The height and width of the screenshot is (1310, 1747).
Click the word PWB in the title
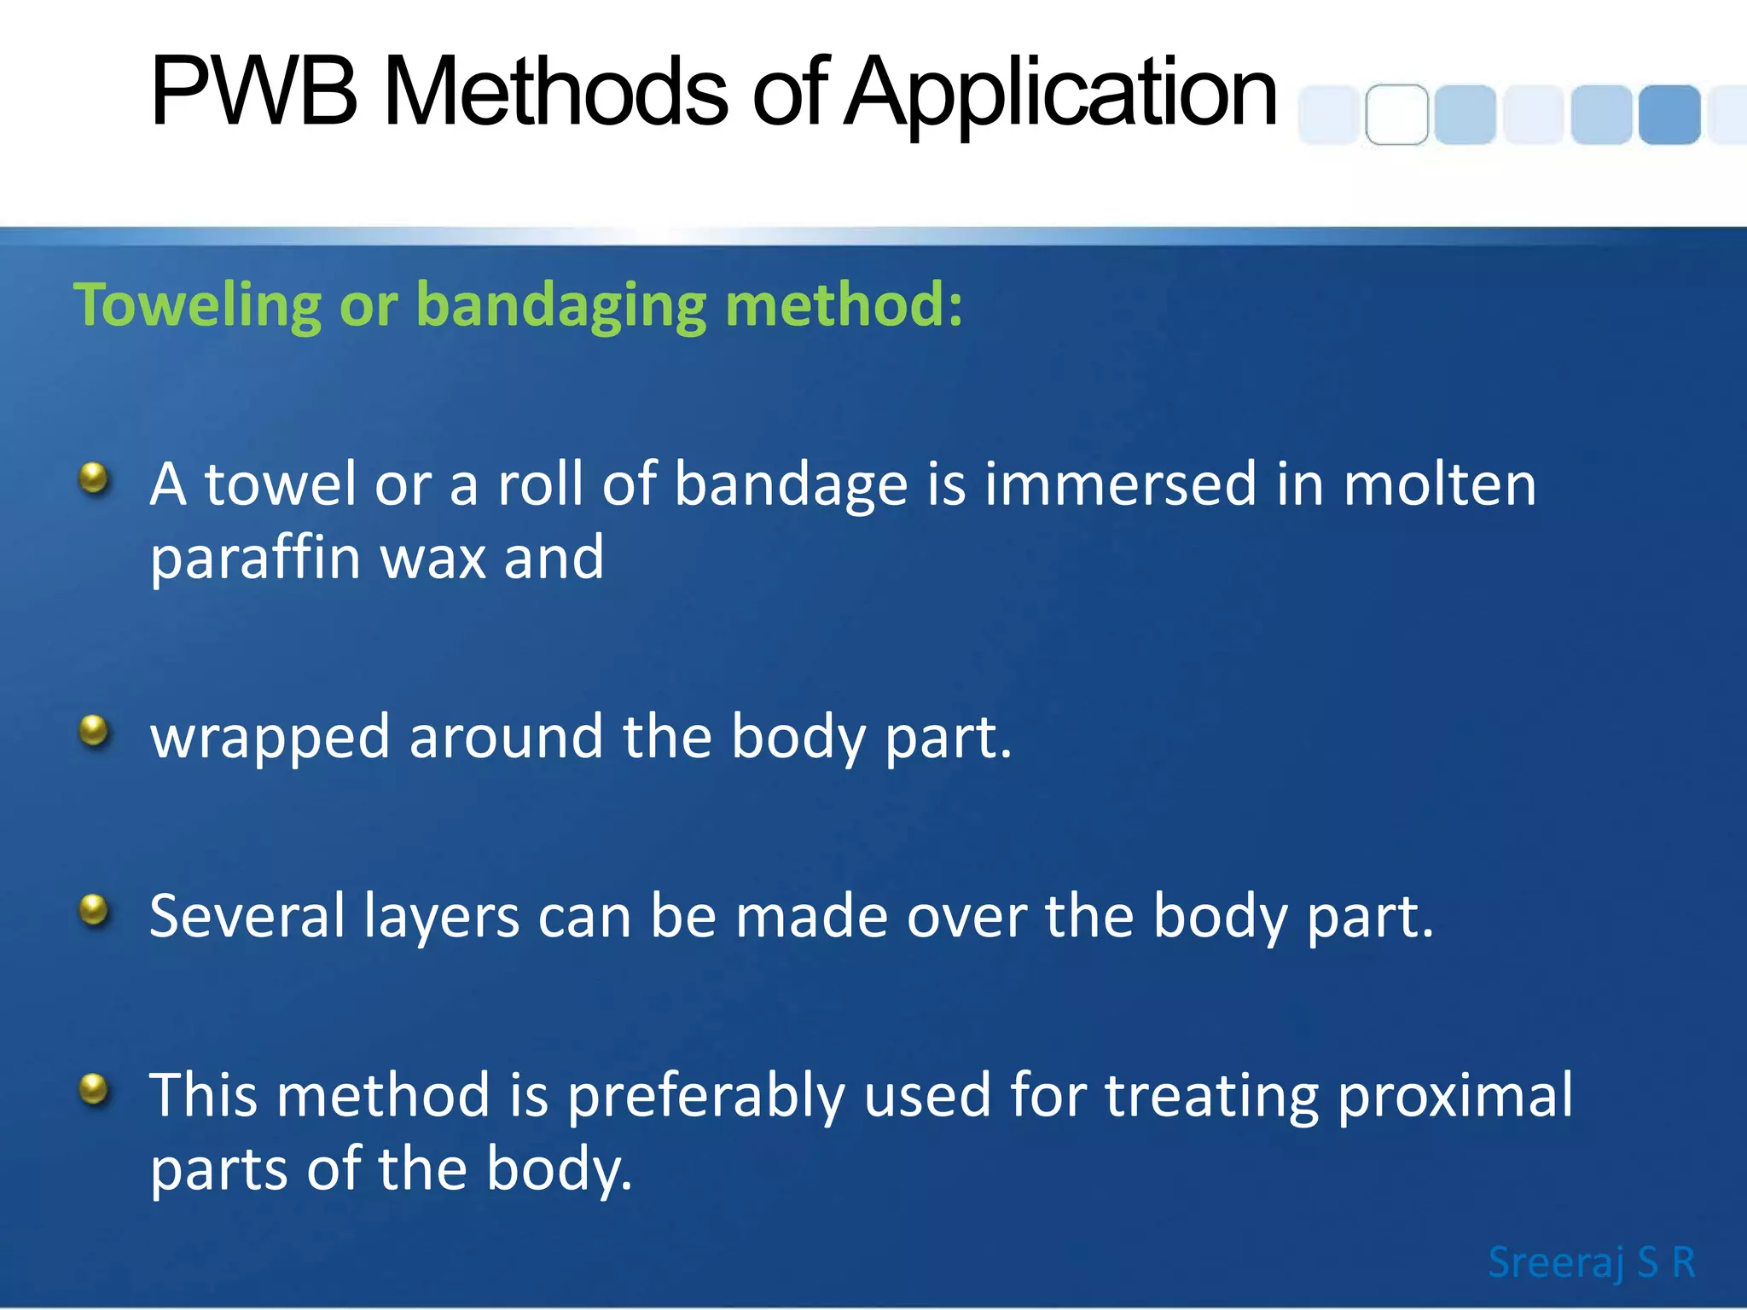coord(253,92)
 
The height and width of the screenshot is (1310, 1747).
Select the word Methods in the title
coord(555,92)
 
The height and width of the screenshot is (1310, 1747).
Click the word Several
coord(247,916)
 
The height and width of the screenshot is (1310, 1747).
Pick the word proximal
coord(1454,1097)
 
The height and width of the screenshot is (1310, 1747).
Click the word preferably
coord(705,1097)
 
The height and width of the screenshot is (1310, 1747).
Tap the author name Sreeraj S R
coord(1591,1262)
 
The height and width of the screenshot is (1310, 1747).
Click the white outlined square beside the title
coord(1396,115)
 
